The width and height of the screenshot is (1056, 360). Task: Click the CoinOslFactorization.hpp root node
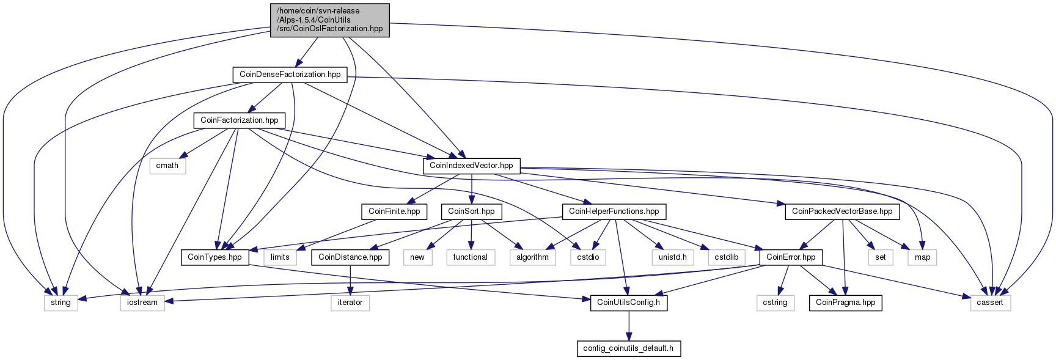(330, 20)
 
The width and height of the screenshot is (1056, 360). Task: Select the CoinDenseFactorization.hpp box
(290, 75)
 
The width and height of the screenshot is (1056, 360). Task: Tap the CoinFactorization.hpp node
(240, 120)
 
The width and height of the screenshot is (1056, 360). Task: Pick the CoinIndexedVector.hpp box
(471, 166)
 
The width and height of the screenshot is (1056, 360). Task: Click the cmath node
(167, 166)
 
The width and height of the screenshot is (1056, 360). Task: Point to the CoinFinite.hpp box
(394, 211)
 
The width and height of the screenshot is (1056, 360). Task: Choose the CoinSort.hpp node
(471, 211)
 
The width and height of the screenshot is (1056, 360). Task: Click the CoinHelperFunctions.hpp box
(614, 211)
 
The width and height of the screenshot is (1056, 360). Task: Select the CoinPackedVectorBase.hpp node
(842, 211)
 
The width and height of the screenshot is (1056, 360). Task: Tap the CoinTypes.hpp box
(215, 257)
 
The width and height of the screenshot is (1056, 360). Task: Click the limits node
(280, 257)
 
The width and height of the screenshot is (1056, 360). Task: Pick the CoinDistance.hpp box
(350, 257)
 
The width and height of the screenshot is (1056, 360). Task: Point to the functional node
(471, 257)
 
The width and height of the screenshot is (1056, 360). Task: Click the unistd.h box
(673, 257)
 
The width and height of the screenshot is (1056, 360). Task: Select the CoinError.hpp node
(791, 257)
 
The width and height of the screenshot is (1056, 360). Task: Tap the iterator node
(350, 303)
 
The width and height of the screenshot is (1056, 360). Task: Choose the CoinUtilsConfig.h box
(629, 303)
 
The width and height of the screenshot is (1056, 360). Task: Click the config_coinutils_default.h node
(629, 348)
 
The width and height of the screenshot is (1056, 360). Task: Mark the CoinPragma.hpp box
(846, 303)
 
